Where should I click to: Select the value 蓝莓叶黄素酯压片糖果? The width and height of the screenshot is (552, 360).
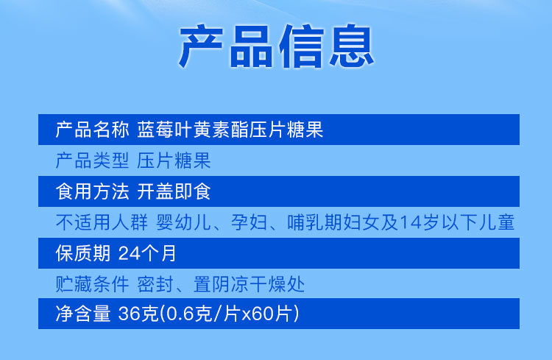click(x=230, y=130)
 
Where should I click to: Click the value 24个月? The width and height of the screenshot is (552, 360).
click(x=147, y=254)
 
